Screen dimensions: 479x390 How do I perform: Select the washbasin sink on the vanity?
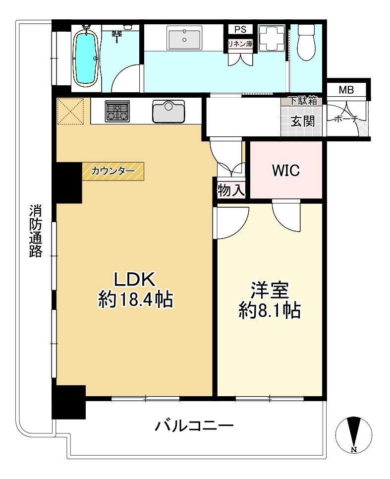[x=184, y=39]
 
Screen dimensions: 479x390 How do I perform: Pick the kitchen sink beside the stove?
[x=168, y=111]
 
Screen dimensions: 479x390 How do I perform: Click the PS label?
[x=240, y=29]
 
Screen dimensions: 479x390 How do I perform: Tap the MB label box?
[x=346, y=90]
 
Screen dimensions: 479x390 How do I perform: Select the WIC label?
[x=285, y=171]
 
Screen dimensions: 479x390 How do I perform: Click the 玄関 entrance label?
[x=302, y=121]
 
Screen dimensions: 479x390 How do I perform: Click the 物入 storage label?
[x=231, y=189]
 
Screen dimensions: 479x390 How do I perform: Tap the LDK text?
[x=135, y=280]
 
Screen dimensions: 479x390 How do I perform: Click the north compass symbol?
[x=353, y=432]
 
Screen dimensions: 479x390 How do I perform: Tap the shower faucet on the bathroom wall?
[x=117, y=34]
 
